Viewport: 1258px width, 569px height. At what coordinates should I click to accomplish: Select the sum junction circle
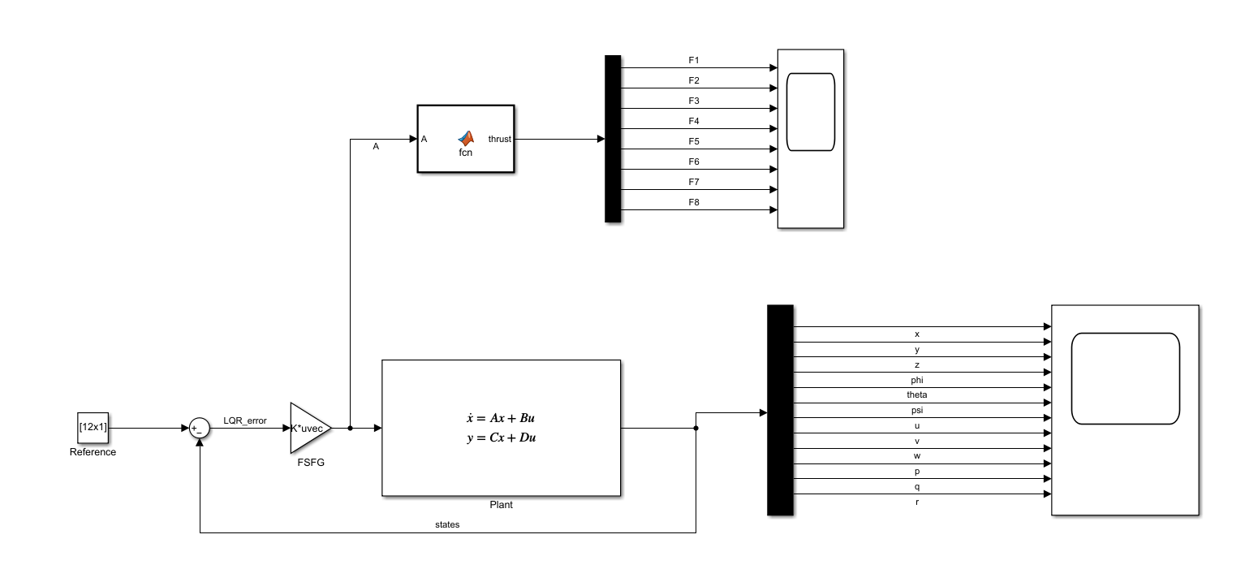click(x=200, y=428)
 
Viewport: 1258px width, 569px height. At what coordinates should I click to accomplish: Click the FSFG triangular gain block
click(x=309, y=427)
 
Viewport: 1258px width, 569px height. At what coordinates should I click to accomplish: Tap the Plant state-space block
click(x=501, y=428)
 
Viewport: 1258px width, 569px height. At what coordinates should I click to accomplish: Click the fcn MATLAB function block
click(x=466, y=139)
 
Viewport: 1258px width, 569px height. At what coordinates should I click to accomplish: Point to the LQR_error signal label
click(x=244, y=420)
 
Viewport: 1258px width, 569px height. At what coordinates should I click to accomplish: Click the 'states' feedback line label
click(x=447, y=524)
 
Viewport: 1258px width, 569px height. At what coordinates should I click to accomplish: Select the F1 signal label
click(x=694, y=60)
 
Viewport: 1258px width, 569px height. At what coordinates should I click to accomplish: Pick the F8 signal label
click(x=694, y=202)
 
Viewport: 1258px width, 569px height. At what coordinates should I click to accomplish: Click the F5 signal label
click(x=694, y=141)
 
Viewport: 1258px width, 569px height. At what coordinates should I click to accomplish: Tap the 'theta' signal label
click(x=917, y=394)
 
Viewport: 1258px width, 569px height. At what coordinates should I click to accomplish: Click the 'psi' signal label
click(x=917, y=410)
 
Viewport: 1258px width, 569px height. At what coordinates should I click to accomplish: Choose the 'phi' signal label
click(x=917, y=379)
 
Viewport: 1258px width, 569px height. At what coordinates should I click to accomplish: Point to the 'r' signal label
click(x=917, y=502)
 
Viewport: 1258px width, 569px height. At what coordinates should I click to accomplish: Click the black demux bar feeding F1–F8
click(x=613, y=139)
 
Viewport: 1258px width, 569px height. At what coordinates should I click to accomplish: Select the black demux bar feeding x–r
click(x=779, y=410)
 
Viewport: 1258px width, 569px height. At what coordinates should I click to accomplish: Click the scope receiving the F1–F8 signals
click(x=811, y=139)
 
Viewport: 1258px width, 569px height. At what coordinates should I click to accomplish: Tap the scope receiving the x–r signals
click(x=1125, y=410)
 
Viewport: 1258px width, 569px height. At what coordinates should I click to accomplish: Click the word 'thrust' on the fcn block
click(x=499, y=139)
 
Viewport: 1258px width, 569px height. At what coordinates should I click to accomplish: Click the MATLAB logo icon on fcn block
click(x=466, y=137)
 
